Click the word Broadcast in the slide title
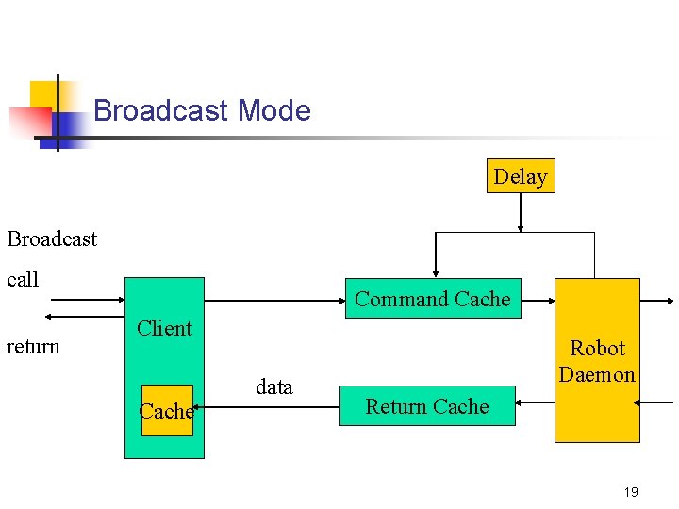(x=161, y=111)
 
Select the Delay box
(x=521, y=176)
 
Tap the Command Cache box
(x=433, y=299)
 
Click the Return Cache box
(x=427, y=406)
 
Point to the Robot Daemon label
(x=597, y=361)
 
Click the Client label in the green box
(x=164, y=328)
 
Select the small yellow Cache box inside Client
(x=167, y=411)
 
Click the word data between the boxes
(x=274, y=386)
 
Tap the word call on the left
(x=23, y=279)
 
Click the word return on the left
(x=33, y=346)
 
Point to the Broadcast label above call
(x=52, y=238)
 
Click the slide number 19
(x=631, y=492)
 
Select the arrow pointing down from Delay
(x=521, y=212)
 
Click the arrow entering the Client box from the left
(x=85, y=300)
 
